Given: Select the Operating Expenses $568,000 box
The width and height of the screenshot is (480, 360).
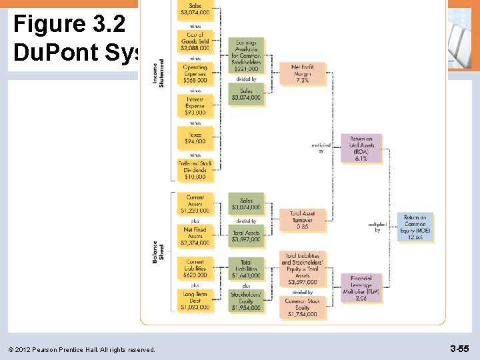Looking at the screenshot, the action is [x=196, y=73].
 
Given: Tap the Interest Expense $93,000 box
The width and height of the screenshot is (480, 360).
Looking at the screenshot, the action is [x=196, y=106].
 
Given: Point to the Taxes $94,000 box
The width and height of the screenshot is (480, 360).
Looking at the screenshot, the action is [x=196, y=138].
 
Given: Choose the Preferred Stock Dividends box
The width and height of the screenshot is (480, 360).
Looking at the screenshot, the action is [x=196, y=170].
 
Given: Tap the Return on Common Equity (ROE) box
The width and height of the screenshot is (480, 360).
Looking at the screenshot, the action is [x=415, y=227].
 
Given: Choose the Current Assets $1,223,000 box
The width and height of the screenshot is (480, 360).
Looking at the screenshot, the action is [x=196, y=203].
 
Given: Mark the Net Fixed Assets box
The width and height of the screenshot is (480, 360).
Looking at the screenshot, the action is [x=196, y=236].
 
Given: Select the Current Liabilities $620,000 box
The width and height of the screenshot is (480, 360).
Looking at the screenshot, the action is [x=196, y=268].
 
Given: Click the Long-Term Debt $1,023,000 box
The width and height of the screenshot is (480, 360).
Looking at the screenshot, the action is [x=196, y=300].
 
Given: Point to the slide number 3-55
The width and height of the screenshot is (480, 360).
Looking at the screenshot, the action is [x=459, y=349].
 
